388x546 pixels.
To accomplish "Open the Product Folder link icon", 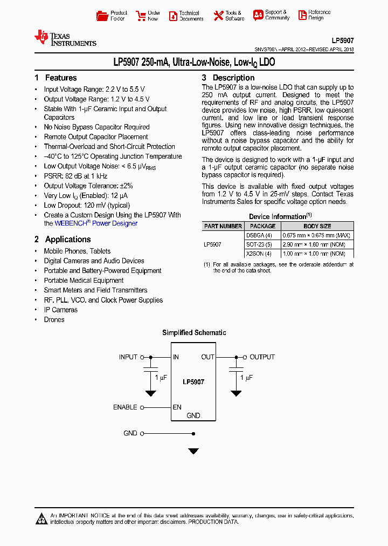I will pos(102,16).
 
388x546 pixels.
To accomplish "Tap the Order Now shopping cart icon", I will pos(141,16).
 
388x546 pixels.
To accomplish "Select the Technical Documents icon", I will pos(173,16).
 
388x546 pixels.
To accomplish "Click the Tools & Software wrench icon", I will pos(218,16).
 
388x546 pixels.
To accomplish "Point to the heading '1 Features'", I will pos(56,78).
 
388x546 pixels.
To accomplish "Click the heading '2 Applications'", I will pos(63,240).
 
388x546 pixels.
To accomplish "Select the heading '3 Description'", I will pos(228,78).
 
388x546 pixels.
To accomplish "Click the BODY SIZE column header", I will pos(317,226).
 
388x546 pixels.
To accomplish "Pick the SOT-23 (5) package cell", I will pos(259,244).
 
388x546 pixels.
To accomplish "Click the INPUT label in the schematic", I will pos(128,357).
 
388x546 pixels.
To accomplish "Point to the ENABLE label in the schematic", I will pos(125,407).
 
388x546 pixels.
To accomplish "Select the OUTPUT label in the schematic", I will pos(262,357).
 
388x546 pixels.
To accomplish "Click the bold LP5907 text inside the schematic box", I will pos(193,382).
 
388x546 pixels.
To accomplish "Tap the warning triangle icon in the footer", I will pos(41,518).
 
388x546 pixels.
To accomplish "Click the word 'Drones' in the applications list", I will pos(54,320).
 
